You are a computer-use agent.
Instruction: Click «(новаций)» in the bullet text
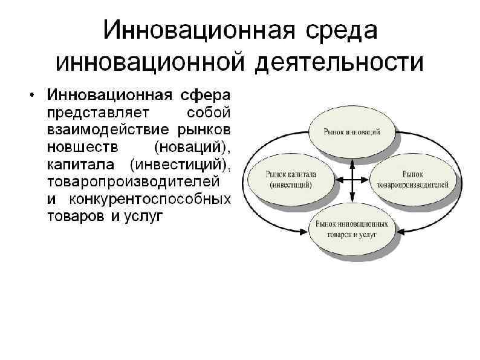[x=193, y=147]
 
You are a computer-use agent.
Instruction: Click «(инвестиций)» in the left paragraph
[x=182, y=164]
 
